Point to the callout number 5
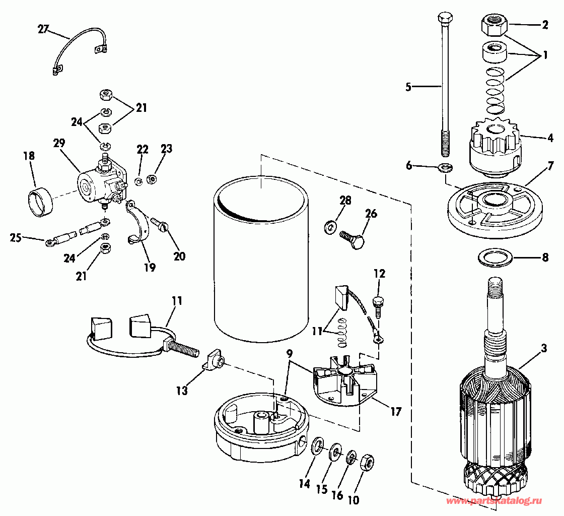[x=408, y=87]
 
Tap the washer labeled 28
[x=329, y=227]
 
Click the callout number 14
[x=304, y=484]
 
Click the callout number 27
[x=43, y=30]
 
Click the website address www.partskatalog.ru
[x=493, y=501]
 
